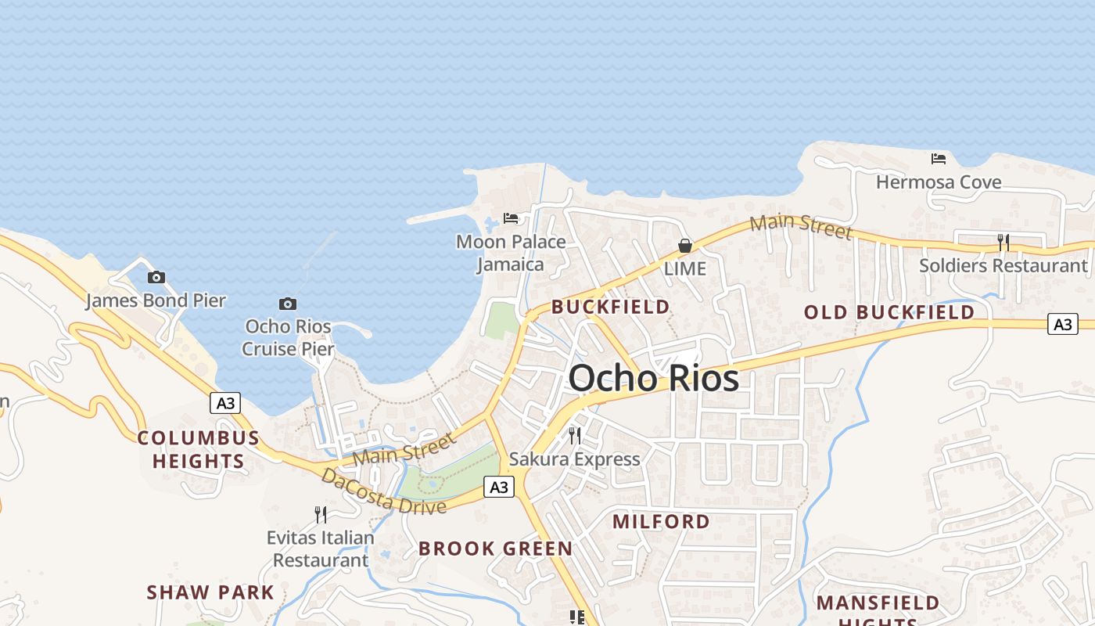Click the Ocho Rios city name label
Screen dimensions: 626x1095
coord(653,379)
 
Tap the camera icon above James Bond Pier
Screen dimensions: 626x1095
coord(156,277)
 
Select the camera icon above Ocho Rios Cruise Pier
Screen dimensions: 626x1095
coord(288,304)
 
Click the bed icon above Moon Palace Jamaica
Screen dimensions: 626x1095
coord(511,218)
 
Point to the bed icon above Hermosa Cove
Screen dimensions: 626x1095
coord(939,159)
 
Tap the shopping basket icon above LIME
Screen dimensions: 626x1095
coord(685,246)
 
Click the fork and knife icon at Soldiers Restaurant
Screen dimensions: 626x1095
coord(1003,243)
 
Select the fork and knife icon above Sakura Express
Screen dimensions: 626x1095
coord(575,435)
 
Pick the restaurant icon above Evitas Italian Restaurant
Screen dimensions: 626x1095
coord(321,514)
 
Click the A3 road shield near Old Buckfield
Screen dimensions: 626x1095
coord(1063,323)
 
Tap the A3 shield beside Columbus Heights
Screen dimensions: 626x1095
coord(225,403)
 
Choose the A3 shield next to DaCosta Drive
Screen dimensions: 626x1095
coord(498,487)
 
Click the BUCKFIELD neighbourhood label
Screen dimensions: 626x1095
coord(611,307)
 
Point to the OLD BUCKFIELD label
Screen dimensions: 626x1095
coord(889,312)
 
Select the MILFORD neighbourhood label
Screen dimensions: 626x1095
coord(661,521)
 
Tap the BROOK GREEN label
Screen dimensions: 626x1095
coord(495,549)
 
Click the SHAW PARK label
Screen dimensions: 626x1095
coord(210,592)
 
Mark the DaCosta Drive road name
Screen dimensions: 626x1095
coord(383,491)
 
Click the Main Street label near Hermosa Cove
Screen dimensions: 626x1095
coord(800,226)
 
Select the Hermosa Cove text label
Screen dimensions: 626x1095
coord(939,182)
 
